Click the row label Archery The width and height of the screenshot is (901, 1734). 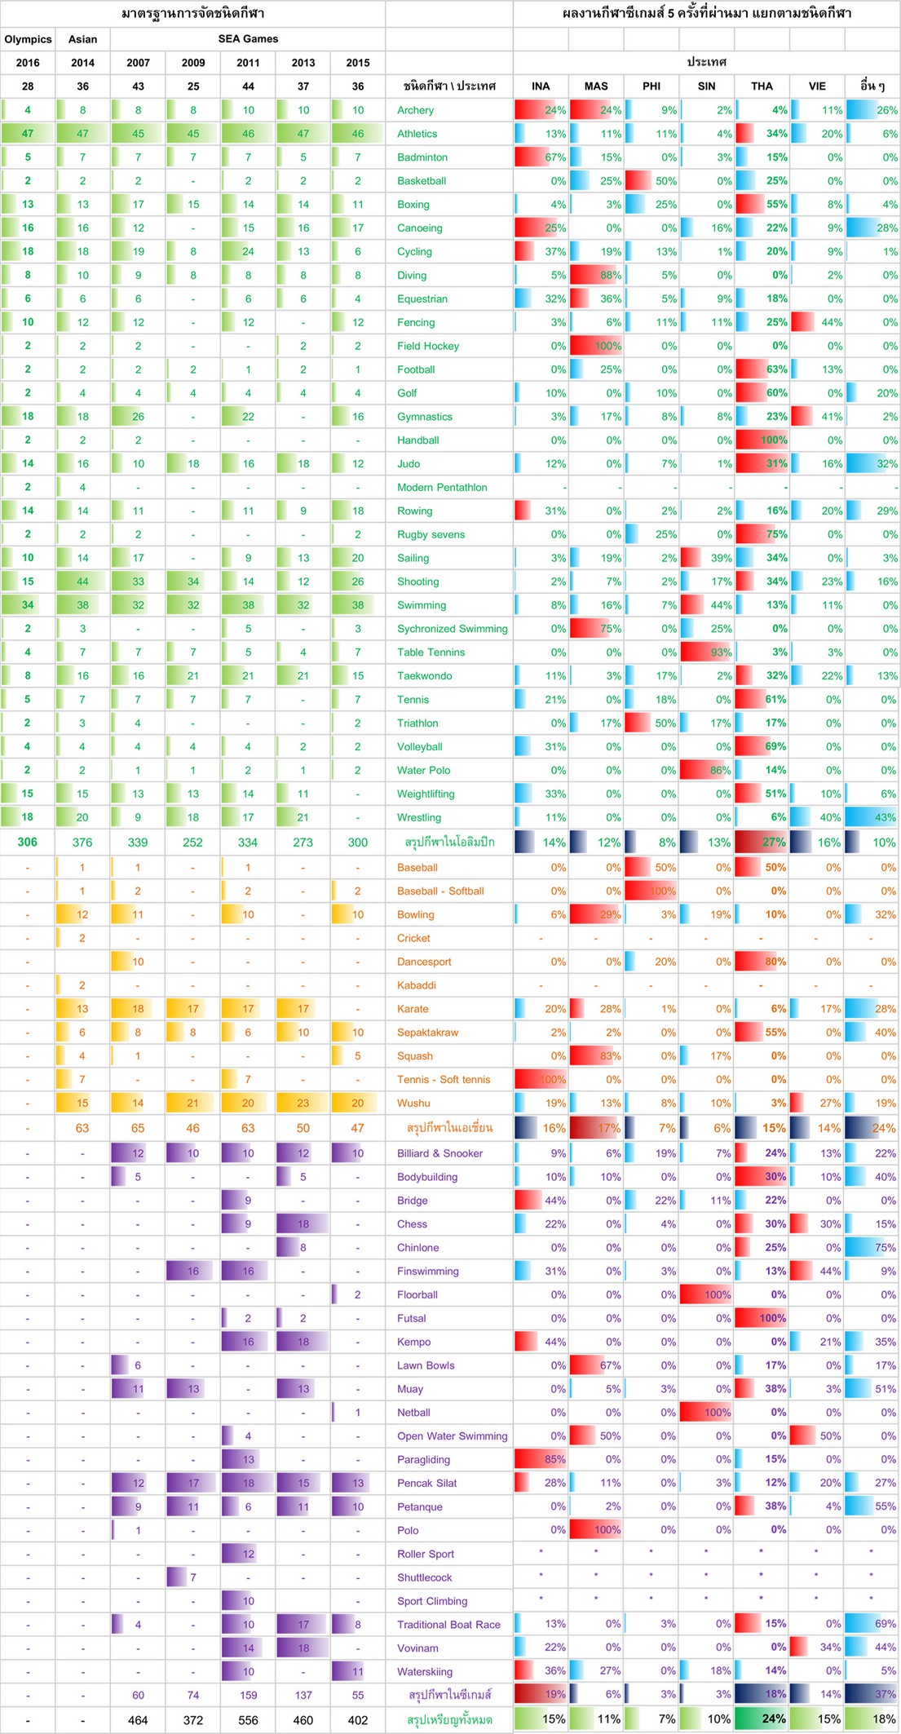point(415,110)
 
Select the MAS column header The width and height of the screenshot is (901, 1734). point(596,86)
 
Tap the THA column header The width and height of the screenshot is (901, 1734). point(762,86)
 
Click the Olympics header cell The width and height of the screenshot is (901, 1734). point(28,39)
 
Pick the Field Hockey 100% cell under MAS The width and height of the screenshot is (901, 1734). point(596,346)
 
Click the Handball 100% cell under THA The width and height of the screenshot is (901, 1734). point(762,440)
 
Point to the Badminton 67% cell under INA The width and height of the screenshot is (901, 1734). point(541,157)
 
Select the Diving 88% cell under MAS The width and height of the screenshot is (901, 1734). point(596,276)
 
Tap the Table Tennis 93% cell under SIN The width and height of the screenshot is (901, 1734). point(707,652)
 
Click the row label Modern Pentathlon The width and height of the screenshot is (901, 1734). point(442,488)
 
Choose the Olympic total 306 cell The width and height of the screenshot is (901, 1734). point(28,843)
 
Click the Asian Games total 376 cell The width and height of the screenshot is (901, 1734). point(82,843)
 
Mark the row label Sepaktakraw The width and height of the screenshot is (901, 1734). point(427,1033)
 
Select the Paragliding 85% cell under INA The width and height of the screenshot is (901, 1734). point(541,1460)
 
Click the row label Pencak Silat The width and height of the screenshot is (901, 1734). point(426,1484)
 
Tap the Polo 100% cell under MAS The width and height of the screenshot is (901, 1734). point(596,1531)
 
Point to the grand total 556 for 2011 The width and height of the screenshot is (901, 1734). point(248,1720)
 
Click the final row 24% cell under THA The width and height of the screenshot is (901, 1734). point(762,1719)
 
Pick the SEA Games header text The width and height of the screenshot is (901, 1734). point(248,39)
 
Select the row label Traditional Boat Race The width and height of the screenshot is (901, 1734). point(448,1625)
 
